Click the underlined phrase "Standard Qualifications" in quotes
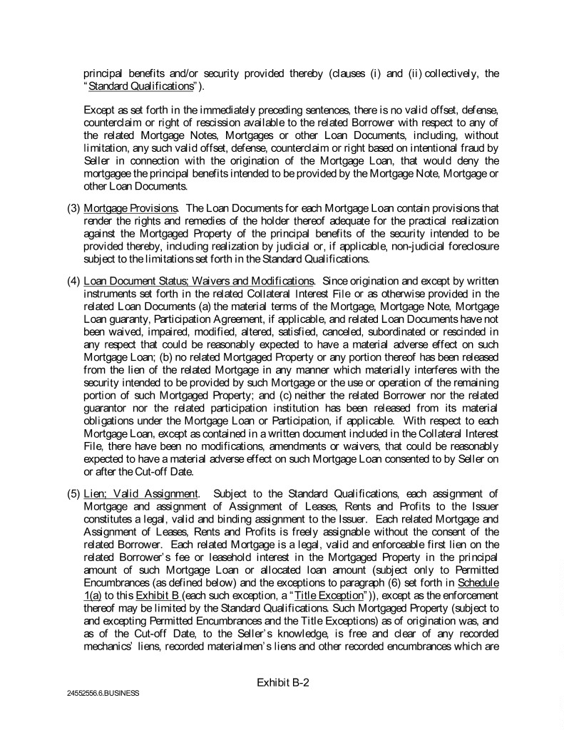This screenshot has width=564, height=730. [140, 86]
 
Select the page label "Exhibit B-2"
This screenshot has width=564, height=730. [282, 682]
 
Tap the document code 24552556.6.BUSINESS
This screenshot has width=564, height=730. [99, 693]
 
